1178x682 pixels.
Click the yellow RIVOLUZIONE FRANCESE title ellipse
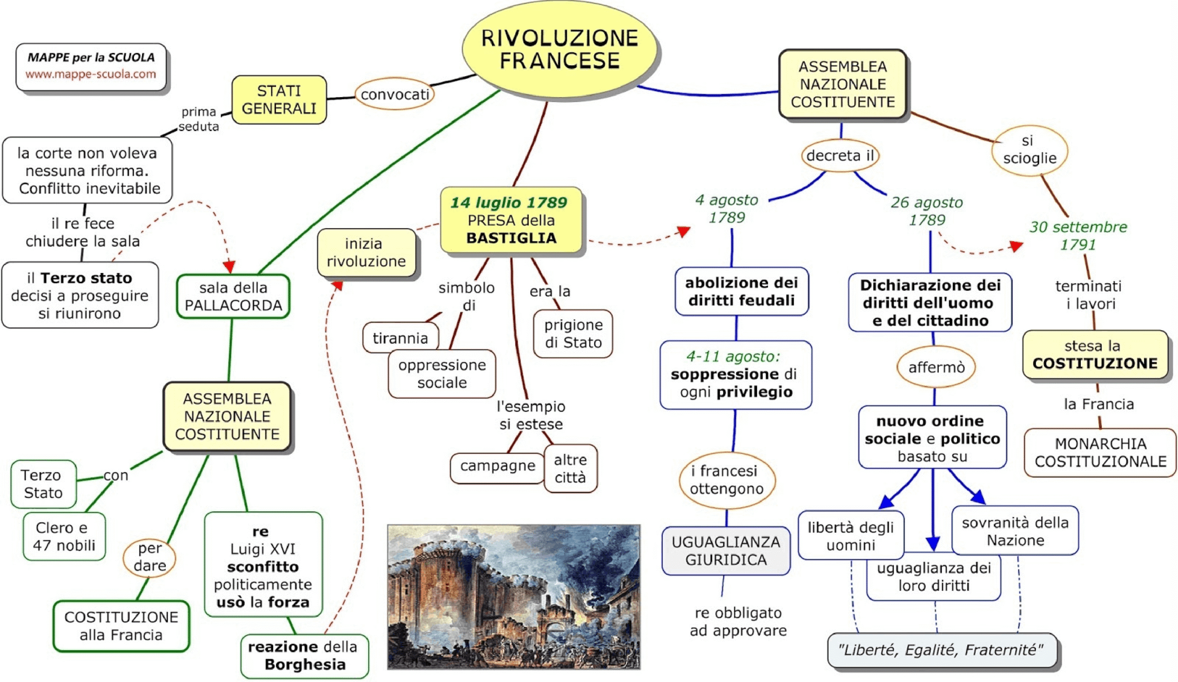tap(560, 49)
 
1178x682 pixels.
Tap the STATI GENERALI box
tap(279, 99)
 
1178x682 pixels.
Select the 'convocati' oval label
tap(394, 94)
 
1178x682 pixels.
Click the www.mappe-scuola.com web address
tap(91, 74)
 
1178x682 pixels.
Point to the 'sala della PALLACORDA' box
tap(233, 296)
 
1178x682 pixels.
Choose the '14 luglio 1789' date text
tap(508, 202)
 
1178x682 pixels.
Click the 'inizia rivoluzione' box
tap(366, 252)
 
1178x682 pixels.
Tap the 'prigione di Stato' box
tap(572, 333)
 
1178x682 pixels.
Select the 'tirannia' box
tap(400, 338)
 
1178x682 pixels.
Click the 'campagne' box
tap(497, 466)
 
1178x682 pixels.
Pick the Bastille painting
tap(513, 596)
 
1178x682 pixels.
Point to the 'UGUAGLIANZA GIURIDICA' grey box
tap(726, 551)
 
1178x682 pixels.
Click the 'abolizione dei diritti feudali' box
tap(741, 292)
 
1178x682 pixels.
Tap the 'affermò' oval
tap(936, 367)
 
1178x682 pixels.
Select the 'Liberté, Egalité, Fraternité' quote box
tap(941, 650)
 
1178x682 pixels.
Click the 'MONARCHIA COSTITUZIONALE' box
tap(1100, 452)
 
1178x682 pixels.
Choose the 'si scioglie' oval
tap(1030, 149)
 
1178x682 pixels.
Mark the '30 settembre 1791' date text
tap(1078, 235)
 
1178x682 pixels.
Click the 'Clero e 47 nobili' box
tap(64, 536)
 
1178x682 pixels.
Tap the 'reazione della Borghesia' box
tap(304, 655)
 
